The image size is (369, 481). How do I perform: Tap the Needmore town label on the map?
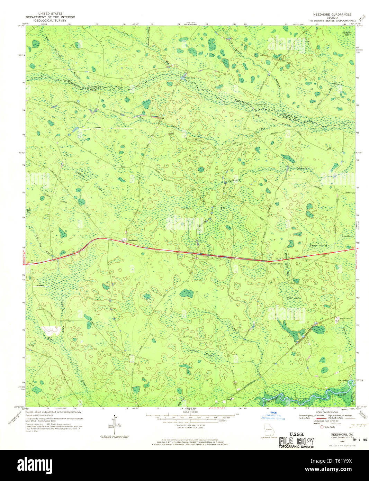(x=132, y=240)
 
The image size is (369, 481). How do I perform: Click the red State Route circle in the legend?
(x=322, y=427)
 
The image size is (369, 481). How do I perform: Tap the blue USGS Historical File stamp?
(x=273, y=416)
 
